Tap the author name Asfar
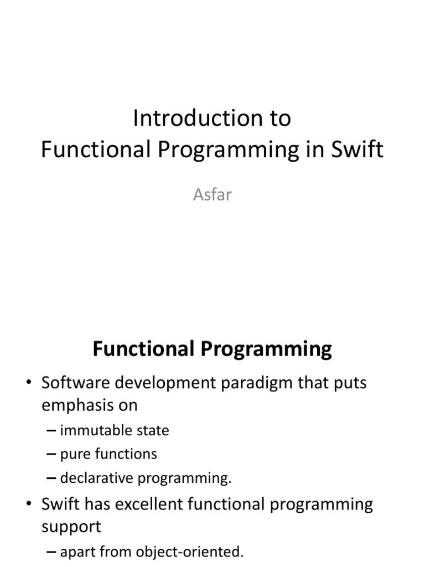[x=212, y=195]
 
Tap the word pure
[x=74, y=455]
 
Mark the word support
[x=71, y=526]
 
